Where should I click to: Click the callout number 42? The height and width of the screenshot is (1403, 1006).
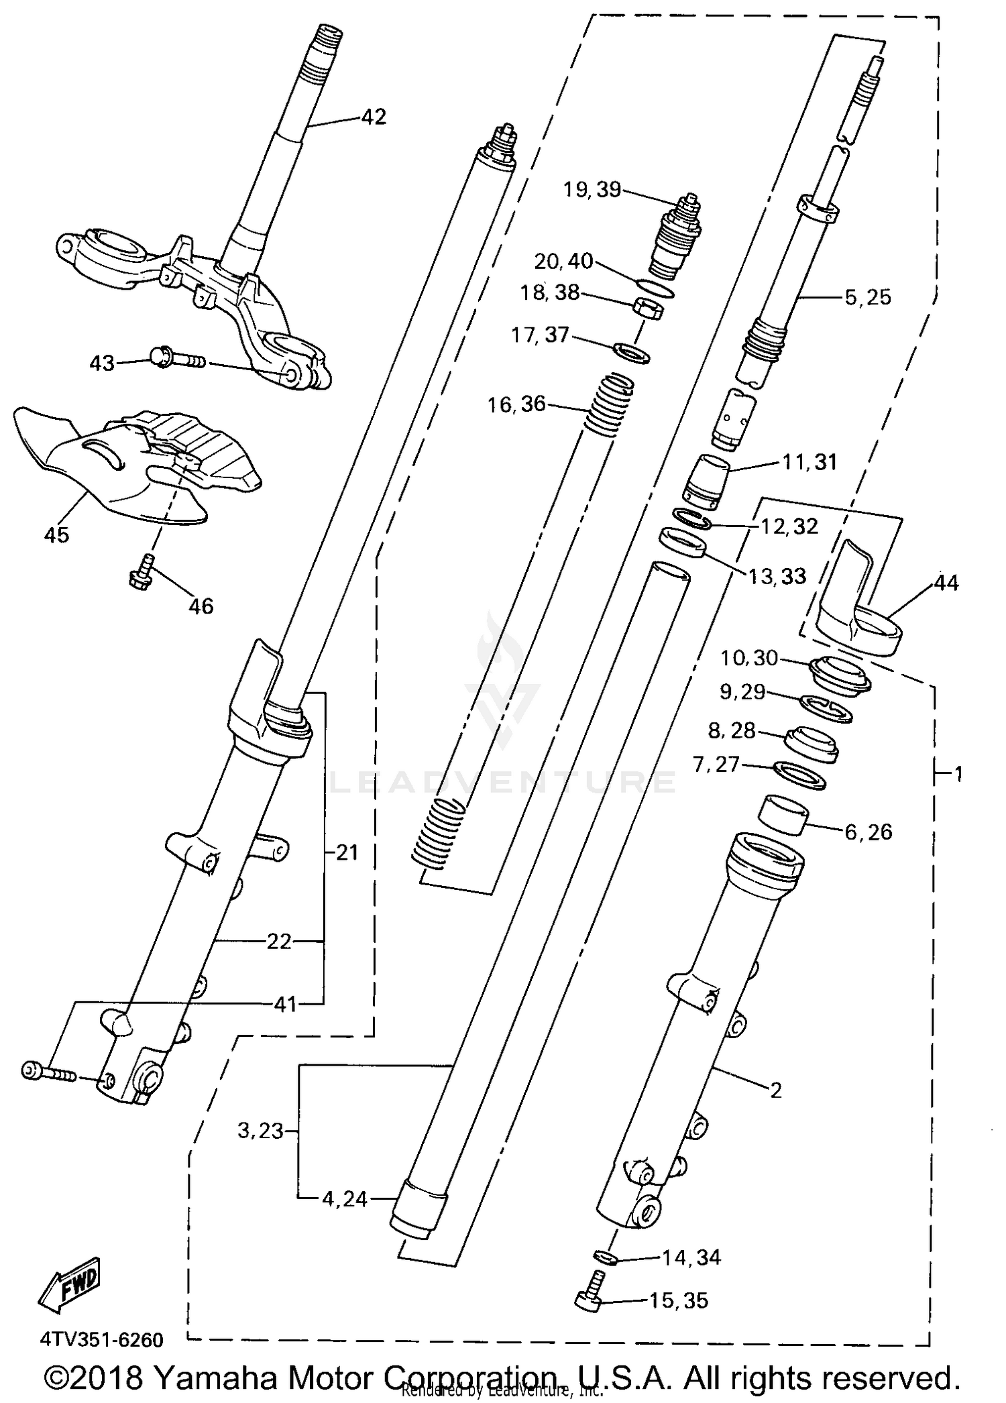click(x=374, y=117)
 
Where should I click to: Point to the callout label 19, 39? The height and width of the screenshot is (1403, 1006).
click(x=592, y=190)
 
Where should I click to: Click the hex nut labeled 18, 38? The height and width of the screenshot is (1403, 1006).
click(x=648, y=309)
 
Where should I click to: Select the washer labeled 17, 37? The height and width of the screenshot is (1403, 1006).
click(x=632, y=351)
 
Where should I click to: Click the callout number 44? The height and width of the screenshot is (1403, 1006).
click(x=946, y=582)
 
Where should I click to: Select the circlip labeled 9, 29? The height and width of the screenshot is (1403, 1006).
click(x=826, y=708)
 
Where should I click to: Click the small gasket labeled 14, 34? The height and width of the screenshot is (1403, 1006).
click(x=605, y=1255)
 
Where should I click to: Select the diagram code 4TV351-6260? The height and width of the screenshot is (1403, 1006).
click(x=102, y=1340)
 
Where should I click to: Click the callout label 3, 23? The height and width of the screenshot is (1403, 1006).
click(x=260, y=1131)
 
